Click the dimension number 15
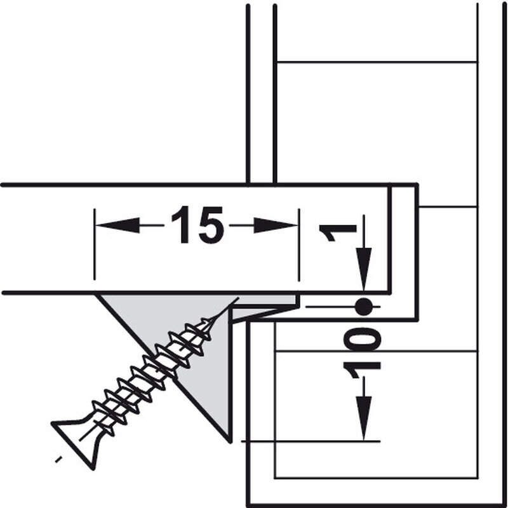(197, 225)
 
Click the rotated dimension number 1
(338, 232)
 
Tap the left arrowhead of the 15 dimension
(118, 225)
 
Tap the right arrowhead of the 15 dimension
(276, 225)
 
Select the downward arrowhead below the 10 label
(364, 418)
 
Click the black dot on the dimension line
(363, 307)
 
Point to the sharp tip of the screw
(238, 298)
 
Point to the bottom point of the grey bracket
(231, 442)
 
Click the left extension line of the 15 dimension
(94, 244)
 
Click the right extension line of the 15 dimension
(298, 245)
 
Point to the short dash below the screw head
(58, 459)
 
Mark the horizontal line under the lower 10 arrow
(311, 441)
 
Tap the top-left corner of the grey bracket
(96, 294)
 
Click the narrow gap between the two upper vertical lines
(262, 94)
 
